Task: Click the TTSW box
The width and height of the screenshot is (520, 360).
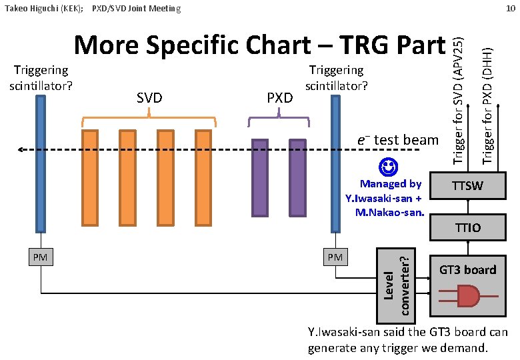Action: coord(469,186)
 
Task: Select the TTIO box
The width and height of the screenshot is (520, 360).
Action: coord(469,228)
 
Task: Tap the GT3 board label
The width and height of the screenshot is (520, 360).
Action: coord(467,270)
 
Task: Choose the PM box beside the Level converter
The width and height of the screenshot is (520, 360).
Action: coord(335,257)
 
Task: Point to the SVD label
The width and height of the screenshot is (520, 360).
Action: coord(149,98)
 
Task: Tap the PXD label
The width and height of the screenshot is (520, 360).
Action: coord(279,98)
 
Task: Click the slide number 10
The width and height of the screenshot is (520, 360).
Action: coord(510,8)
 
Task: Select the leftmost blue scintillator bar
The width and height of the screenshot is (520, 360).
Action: coord(41,163)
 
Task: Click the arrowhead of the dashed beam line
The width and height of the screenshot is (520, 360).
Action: coord(22,150)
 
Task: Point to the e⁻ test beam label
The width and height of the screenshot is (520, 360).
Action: coord(398,139)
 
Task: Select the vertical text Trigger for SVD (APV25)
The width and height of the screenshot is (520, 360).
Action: coord(458,100)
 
